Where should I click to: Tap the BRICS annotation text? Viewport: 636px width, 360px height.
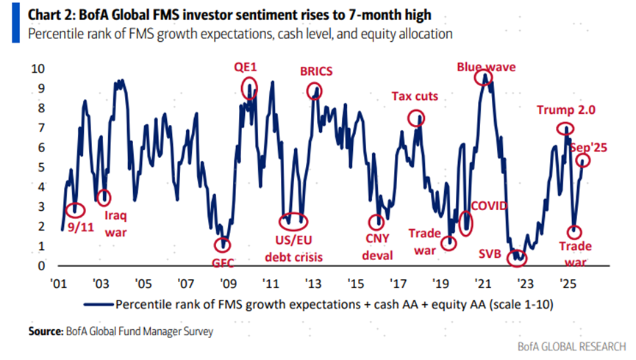(316, 72)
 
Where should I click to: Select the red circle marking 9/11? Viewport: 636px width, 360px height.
(74, 210)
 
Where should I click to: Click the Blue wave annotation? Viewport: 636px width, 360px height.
(486, 66)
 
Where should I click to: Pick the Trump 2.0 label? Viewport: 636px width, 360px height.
(565, 110)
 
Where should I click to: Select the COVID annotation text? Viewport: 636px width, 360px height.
(489, 206)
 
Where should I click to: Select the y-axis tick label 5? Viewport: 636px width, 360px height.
(42, 167)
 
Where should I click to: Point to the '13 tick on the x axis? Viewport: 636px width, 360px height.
(312, 282)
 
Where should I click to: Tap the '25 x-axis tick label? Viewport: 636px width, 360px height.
(566, 282)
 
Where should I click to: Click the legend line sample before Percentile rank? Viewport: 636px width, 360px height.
(100, 303)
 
